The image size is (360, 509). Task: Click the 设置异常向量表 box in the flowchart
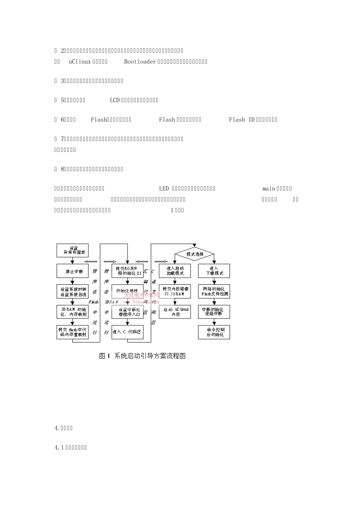(72, 250)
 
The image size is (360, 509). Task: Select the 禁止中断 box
(72, 271)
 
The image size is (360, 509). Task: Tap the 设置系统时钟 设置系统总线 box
(72, 292)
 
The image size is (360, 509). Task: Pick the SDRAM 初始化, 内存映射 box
(72, 312)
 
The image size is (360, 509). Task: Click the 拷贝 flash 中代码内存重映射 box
(72, 332)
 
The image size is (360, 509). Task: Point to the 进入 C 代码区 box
(128, 332)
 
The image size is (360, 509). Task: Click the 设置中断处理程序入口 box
(128, 312)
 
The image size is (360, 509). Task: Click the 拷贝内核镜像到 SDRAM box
(175, 292)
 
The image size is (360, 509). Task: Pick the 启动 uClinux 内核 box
(175, 312)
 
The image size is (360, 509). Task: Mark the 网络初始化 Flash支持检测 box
(214, 292)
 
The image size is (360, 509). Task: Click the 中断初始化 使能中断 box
(214, 312)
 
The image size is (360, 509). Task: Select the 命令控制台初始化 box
(214, 332)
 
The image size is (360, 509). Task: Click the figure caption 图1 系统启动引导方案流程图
(142, 356)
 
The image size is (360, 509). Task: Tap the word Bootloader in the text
(140, 62)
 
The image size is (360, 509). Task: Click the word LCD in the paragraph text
(114, 100)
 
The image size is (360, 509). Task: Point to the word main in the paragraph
(269, 189)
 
